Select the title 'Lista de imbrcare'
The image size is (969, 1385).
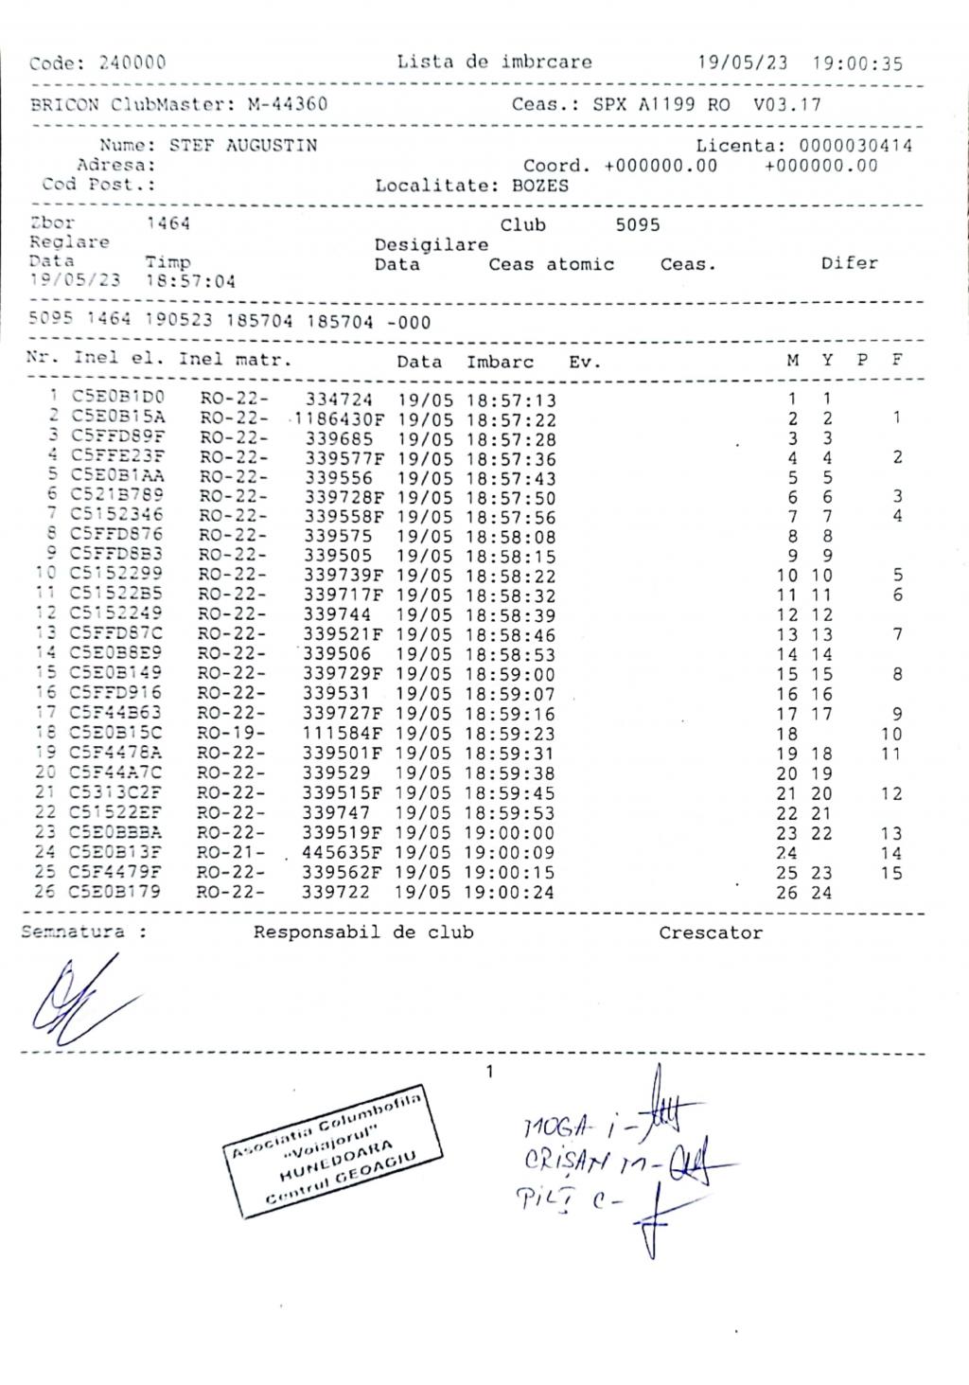494,62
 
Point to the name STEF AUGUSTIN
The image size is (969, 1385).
243,146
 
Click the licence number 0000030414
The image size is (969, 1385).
855,146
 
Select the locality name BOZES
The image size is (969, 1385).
540,186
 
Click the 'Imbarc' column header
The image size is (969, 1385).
500,362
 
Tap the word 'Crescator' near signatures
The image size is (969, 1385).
710,933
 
